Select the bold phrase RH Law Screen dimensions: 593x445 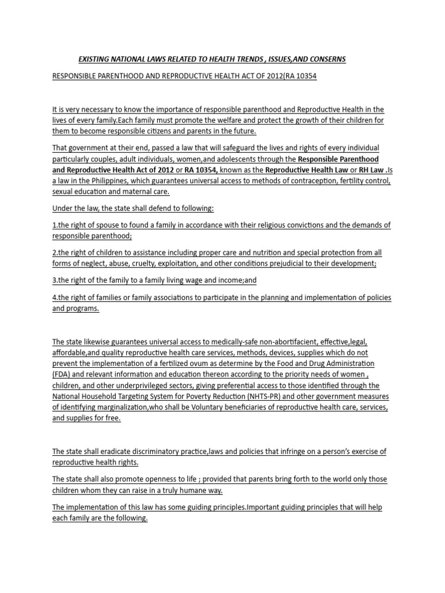[368, 170]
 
